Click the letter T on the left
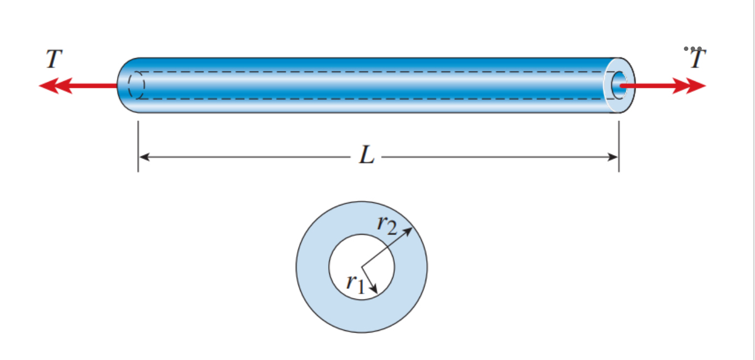(54, 59)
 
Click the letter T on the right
(697, 59)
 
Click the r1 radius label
(355, 283)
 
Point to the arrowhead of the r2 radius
(410, 230)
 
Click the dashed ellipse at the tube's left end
(136, 86)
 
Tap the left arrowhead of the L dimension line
(143, 157)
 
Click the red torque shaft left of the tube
(95, 86)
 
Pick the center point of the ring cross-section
(361, 267)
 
